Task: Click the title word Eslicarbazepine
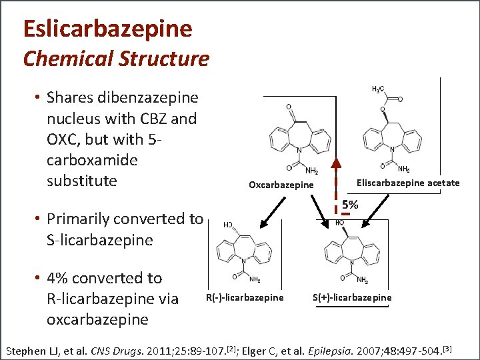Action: [107, 29]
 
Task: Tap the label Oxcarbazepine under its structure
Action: [281, 185]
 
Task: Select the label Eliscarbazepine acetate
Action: [407, 183]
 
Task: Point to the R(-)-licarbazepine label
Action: [245, 297]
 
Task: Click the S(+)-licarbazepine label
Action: [352, 297]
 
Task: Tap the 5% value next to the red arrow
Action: [351, 205]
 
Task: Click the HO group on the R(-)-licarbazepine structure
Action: [228, 225]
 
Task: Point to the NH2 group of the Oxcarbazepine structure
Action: [311, 171]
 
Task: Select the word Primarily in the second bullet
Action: [83, 219]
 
